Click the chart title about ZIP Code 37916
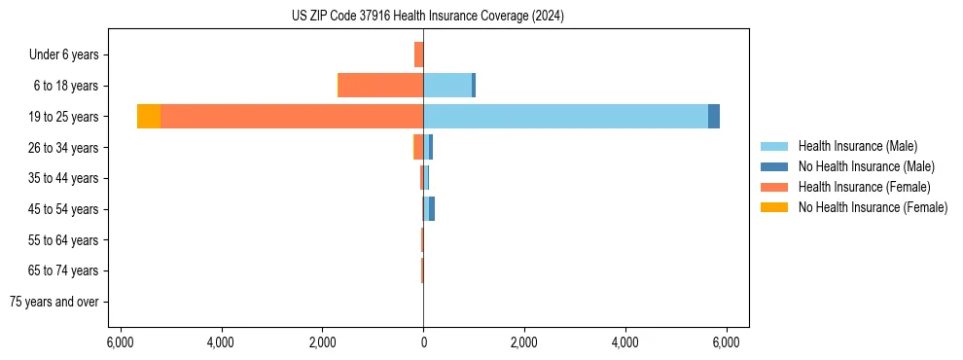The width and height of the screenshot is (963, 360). [427, 17]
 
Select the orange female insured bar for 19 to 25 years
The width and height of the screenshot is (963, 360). [292, 117]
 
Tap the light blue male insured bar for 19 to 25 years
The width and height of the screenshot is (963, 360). [565, 117]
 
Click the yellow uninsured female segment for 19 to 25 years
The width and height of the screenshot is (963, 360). [149, 117]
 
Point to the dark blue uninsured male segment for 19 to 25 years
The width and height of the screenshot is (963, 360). [714, 117]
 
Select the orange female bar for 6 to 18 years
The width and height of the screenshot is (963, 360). [380, 86]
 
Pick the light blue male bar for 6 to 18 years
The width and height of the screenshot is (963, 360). [447, 86]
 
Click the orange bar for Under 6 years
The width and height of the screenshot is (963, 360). [418, 54]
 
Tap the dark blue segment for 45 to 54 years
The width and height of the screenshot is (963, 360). [432, 209]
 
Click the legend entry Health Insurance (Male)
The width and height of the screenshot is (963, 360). [857, 146]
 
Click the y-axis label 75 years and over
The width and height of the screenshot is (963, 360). [54, 302]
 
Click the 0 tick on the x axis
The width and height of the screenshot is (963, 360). [423, 342]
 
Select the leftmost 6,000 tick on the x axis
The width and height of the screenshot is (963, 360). [120, 342]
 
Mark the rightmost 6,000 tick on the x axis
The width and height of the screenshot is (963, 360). [726, 342]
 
